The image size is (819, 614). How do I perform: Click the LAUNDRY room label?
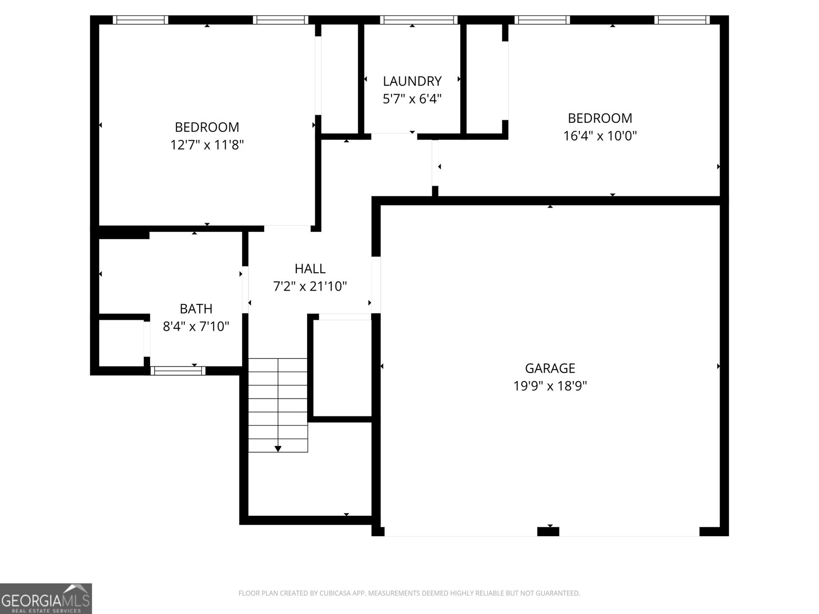[x=412, y=81]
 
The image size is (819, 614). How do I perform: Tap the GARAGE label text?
[x=550, y=368]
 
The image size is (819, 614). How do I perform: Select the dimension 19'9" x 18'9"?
[x=550, y=386]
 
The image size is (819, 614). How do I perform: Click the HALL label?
[x=310, y=269]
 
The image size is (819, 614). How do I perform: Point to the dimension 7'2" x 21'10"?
[x=310, y=287]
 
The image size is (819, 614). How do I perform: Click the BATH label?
[x=196, y=309]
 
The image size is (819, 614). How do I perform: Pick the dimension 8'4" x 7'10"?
[x=196, y=326]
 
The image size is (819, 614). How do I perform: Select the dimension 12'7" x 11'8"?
[x=207, y=145]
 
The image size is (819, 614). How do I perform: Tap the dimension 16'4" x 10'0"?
[x=600, y=136]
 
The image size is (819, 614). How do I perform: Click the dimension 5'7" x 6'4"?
[x=412, y=99]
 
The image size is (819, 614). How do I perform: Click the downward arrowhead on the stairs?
[x=278, y=449]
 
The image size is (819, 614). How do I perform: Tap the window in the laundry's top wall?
[x=418, y=20]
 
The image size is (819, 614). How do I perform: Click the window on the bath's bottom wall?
[x=178, y=370]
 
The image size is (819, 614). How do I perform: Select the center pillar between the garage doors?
[x=548, y=532]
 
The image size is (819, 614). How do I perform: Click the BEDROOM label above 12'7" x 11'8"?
[x=207, y=127]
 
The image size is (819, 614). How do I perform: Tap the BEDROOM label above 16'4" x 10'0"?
[x=600, y=118]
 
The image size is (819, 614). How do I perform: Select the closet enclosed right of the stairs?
[x=342, y=367]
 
